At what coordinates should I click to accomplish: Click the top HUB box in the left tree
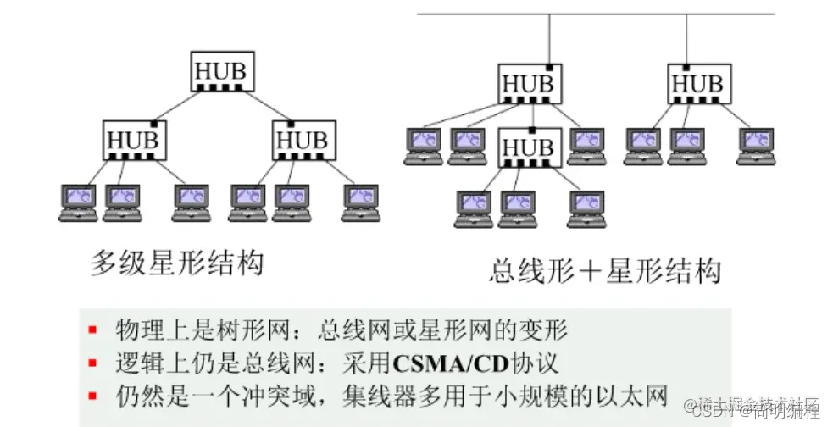click(x=220, y=71)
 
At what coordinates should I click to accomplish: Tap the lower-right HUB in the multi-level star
click(x=303, y=139)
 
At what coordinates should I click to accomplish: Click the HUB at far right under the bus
click(x=698, y=83)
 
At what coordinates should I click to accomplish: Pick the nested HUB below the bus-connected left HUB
click(x=530, y=147)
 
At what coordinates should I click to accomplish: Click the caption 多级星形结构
click(x=177, y=263)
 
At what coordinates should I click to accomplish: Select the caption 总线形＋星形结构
click(x=605, y=271)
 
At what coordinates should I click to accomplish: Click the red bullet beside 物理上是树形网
click(x=92, y=329)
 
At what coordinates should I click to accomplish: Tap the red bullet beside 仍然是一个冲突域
click(x=92, y=395)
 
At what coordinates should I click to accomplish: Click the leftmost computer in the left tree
click(x=78, y=202)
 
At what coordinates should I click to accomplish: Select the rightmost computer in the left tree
click(x=360, y=202)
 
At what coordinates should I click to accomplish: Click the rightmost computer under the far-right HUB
click(x=754, y=145)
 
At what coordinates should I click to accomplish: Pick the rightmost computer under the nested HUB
click(x=586, y=208)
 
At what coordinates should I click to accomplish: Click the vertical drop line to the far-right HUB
click(x=687, y=39)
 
